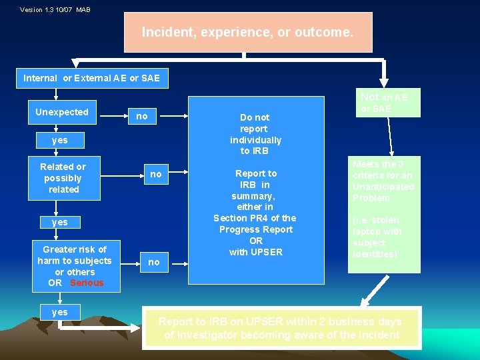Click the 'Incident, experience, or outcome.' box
point(248,32)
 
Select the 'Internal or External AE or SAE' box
point(92,78)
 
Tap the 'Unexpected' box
point(62,112)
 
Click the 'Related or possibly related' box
point(63,178)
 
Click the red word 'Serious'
point(87,283)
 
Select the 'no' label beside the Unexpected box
point(141,116)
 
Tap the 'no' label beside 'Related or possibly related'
point(155,174)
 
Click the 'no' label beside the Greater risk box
point(154,262)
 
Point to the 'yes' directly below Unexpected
point(60,140)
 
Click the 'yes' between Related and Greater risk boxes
point(60,221)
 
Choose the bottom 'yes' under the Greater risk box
point(59,312)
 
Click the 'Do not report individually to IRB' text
point(255,134)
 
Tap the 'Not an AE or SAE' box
point(384,102)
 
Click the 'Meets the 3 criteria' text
point(383,181)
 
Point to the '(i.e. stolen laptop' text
point(377,237)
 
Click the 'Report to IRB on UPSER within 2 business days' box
point(281,328)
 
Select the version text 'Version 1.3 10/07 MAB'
point(55,10)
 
